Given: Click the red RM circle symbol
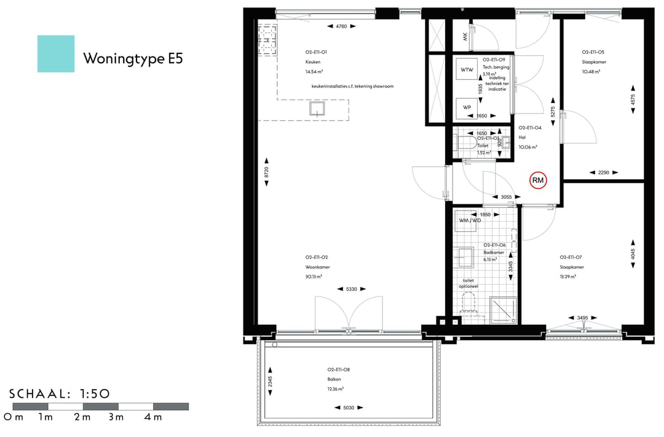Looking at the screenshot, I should [x=538, y=180].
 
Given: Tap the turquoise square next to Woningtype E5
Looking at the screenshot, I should [x=56, y=54].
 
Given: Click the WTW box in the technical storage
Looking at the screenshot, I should [x=467, y=71].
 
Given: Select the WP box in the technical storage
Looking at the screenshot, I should [x=467, y=107].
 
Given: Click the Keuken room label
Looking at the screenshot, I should [x=313, y=63].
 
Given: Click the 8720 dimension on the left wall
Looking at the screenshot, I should [x=266, y=173].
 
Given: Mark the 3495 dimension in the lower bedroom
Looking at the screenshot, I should [x=582, y=317].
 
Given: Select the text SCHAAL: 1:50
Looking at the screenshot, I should [x=60, y=393].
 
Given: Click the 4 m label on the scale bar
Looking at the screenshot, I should [x=153, y=417].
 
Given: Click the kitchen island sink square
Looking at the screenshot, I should [x=317, y=109].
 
